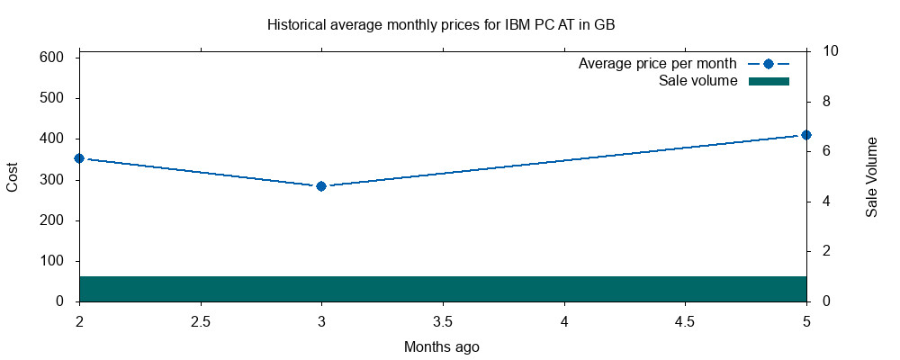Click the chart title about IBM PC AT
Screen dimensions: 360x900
point(441,25)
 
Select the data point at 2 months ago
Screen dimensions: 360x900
point(79,158)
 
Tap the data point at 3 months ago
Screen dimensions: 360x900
point(321,186)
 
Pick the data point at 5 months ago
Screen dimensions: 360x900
point(806,135)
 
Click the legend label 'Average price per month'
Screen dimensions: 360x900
point(657,64)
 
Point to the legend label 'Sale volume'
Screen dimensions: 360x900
point(698,81)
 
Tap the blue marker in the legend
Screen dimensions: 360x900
point(768,64)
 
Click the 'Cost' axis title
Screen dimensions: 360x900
point(13,177)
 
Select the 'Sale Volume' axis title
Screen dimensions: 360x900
point(871,177)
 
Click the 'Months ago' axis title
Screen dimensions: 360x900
point(441,346)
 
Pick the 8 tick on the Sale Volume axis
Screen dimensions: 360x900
point(819,101)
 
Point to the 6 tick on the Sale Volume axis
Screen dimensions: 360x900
point(819,151)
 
